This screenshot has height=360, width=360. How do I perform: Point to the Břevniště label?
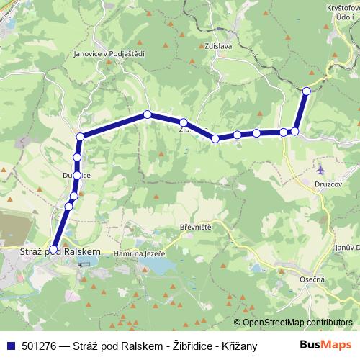click(194, 227)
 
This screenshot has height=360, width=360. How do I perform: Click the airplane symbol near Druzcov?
click(320, 169)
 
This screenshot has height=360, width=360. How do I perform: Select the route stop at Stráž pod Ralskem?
click(53, 249)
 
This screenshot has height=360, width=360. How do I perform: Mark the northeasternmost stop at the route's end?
click(307, 91)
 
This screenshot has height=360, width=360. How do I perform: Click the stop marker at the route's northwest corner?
click(81, 136)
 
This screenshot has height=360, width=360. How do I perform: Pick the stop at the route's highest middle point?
click(147, 114)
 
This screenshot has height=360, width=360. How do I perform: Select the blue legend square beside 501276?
click(10, 346)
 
